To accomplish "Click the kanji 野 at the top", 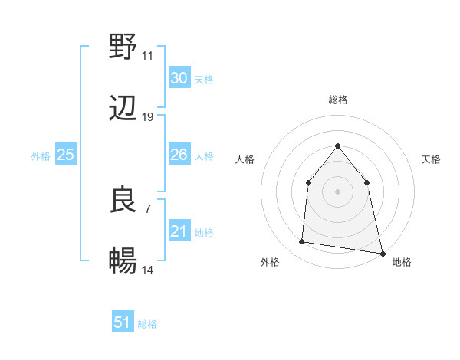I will pos(123,47).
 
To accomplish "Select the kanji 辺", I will pos(123,110).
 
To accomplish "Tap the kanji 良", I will pos(123,200).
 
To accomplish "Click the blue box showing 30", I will pos(179,78).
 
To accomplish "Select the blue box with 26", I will pos(179,155).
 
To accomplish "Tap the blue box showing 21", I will pos(179,231).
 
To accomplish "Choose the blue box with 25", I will pos(65,155).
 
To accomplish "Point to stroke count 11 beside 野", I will pos(147,56).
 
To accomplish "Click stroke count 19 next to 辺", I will pos(147,117).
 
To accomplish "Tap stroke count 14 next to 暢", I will pos(147,270).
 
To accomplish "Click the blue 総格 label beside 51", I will pos(147,324).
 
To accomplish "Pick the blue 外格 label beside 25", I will pos(41,156).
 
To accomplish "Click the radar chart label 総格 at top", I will pos(337,100).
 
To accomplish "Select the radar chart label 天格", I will pos(431,159).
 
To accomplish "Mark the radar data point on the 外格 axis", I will pos(302,242).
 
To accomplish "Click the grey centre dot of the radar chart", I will pos(337,191).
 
